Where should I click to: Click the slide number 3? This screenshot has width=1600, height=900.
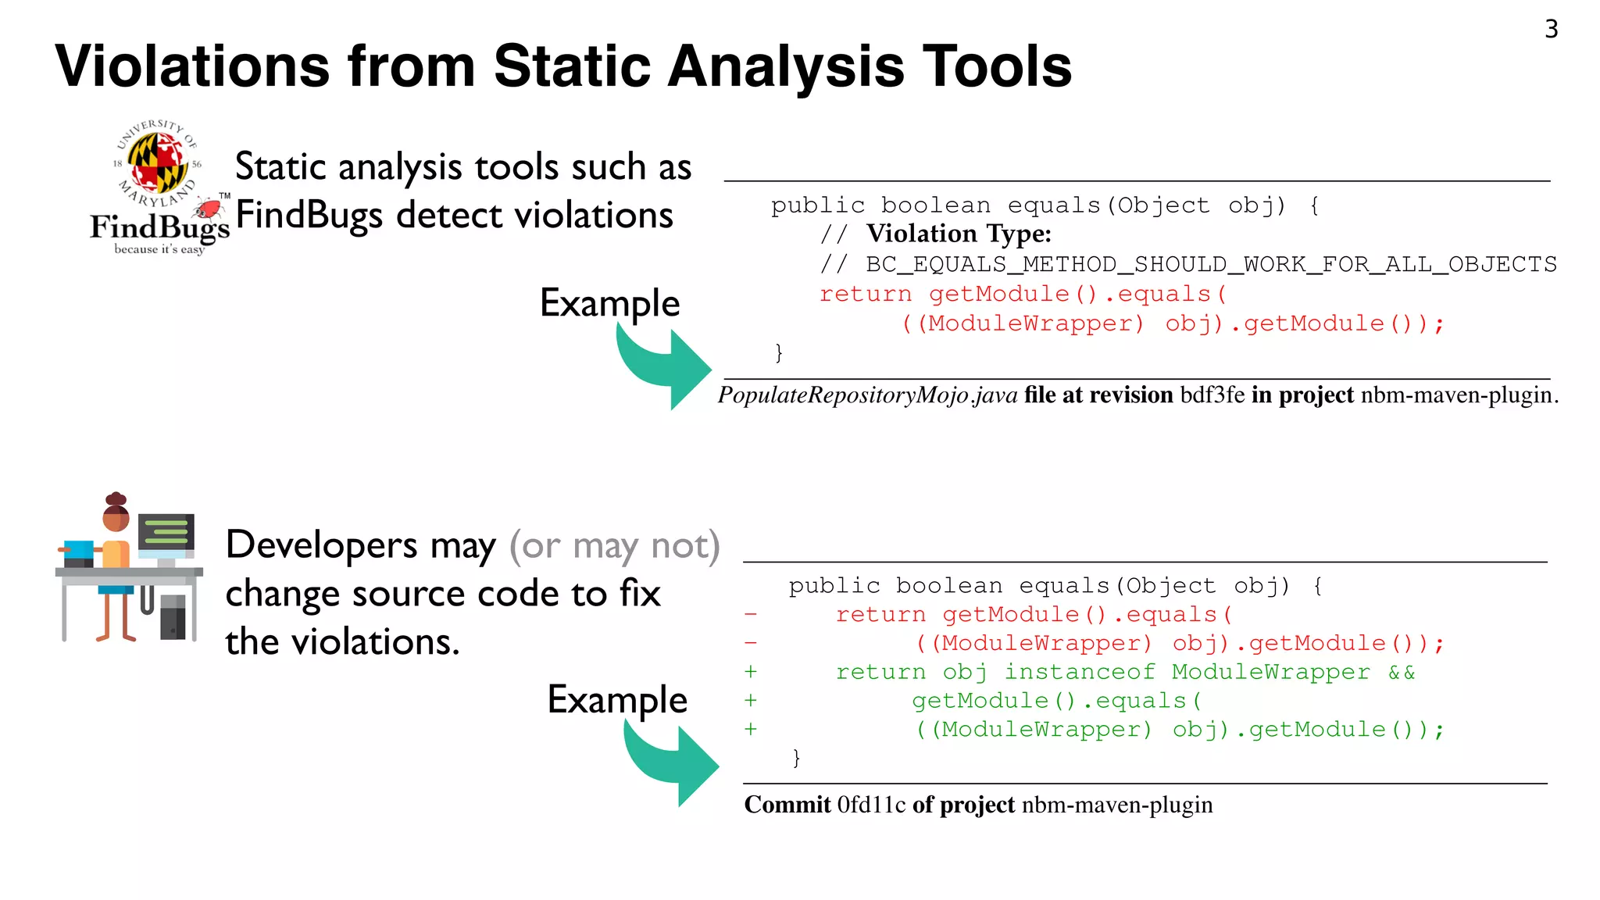(1551, 30)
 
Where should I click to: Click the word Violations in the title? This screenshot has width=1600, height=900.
(192, 66)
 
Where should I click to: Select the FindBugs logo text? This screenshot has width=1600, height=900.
(159, 227)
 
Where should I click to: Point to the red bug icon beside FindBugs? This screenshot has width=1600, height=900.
(209, 208)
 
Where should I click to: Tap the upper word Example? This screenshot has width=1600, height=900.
(609, 303)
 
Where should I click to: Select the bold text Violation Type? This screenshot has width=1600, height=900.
(959, 234)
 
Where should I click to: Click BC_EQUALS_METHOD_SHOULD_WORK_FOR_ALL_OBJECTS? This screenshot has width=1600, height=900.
(1211, 264)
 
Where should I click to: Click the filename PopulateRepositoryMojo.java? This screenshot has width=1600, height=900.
(867, 395)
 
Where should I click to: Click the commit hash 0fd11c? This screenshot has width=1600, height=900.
(871, 805)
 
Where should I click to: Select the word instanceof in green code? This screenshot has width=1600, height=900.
(1079, 672)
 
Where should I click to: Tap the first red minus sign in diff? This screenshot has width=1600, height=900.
(751, 615)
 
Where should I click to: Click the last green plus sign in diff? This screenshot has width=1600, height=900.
(751, 729)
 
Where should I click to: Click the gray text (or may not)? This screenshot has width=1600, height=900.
(614, 545)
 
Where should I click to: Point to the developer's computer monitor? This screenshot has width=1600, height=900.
(166, 534)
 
